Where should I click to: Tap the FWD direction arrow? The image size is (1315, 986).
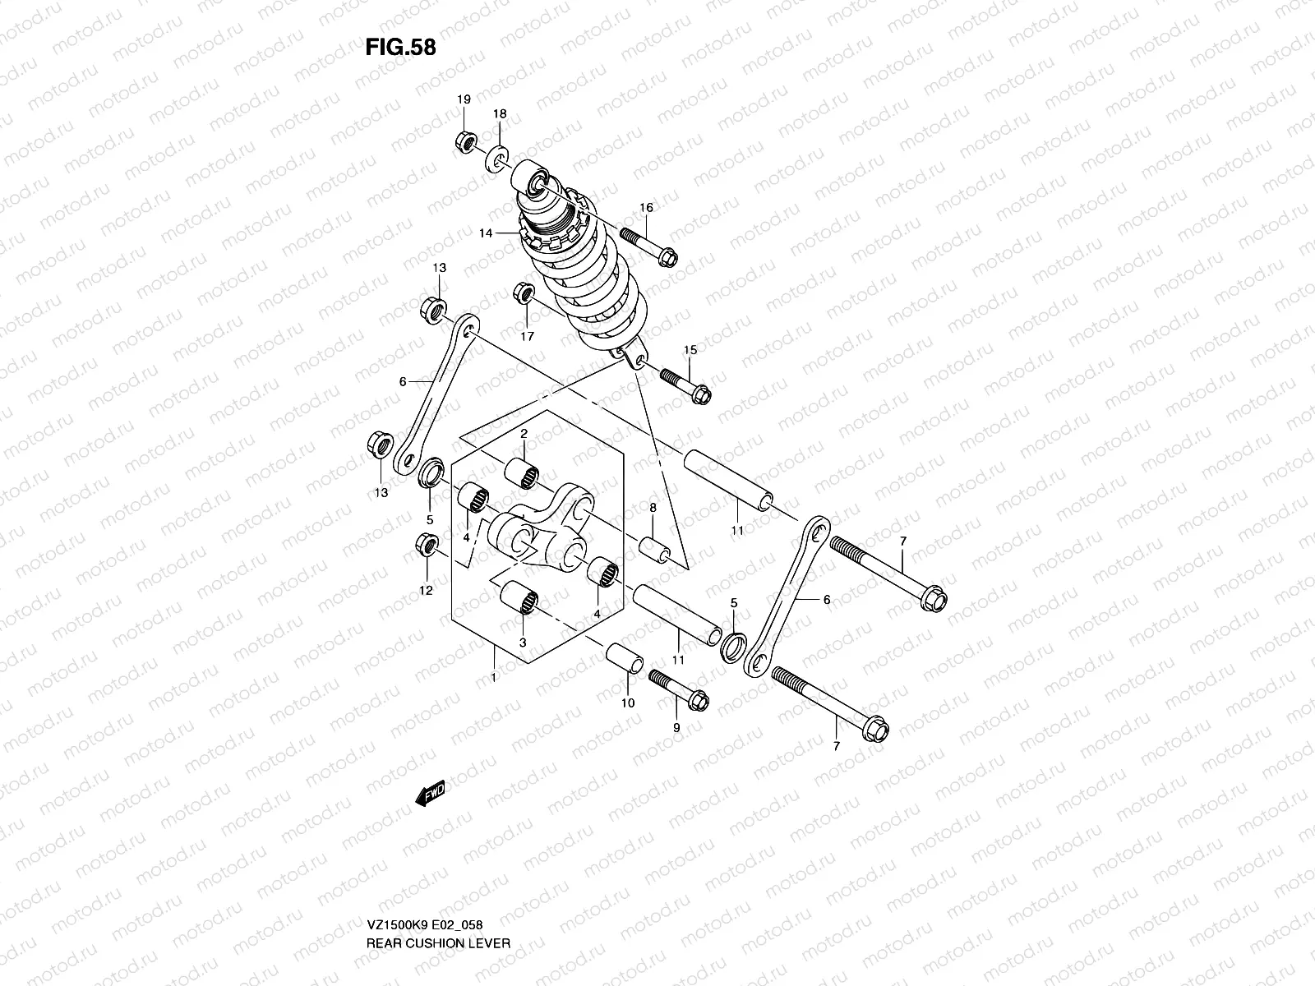click(430, 793)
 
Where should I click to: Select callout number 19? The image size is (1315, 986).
click(464, 99)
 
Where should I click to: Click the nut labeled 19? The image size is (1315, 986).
click(464, 143)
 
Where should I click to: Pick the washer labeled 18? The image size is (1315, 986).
click(499, 156)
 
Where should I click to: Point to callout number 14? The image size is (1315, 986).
click(486, 233)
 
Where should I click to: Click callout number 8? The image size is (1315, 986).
click(653, 509)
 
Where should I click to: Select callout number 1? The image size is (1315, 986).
click(493, 677)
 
